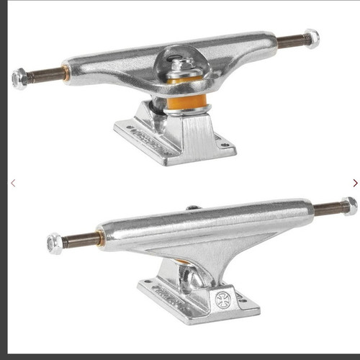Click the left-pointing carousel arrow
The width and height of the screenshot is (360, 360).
point(12,183)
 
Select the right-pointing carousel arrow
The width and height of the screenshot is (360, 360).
point(354,183)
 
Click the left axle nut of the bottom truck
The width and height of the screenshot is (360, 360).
point(53,243)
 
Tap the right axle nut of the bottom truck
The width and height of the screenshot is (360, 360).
point(349,206)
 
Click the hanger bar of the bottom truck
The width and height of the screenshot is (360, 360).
point(209,223)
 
